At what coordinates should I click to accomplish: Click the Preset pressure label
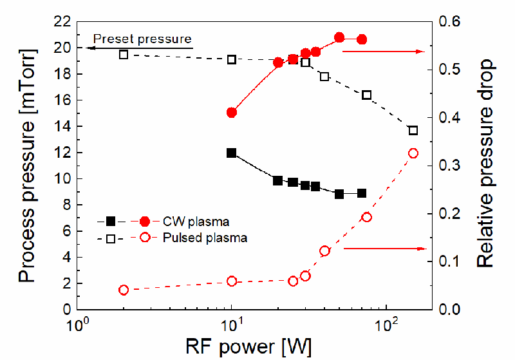[x=142, y=39]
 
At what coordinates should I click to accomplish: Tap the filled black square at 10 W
[x=232, y=153]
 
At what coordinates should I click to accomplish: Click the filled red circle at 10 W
[x=232, y=113]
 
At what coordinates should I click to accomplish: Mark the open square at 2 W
[x=124, y=55]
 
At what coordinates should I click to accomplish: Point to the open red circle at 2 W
[x=124, y=290]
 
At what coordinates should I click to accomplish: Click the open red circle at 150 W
[x=413, y=153]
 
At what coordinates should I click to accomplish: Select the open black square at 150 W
[x=413, y=131]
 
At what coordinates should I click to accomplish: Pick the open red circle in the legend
[x=144, y=238]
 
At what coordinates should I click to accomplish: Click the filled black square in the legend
[x=111, y=222]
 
